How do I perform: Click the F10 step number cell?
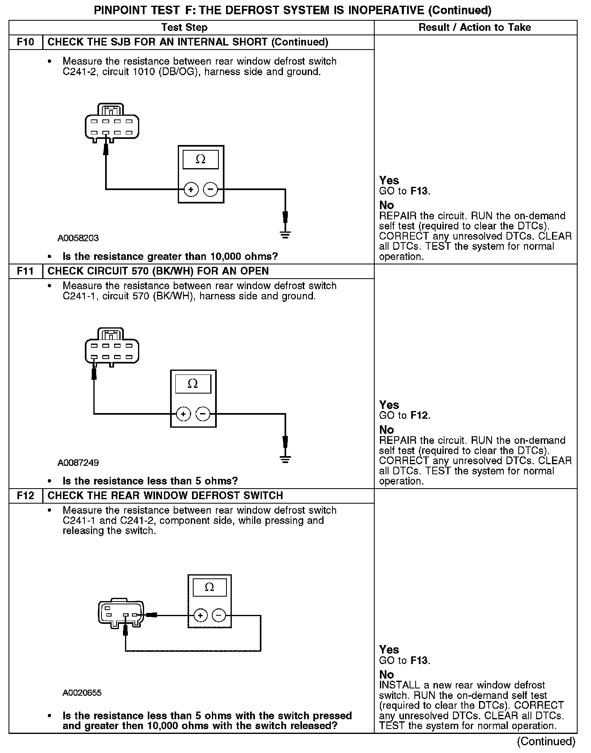tap(26, 42)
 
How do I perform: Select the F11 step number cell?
tap(26, 271)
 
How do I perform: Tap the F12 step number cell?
tap(26, 496)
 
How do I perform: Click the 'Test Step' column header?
tap(184, 28)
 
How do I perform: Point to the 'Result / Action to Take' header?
tap(475, 28)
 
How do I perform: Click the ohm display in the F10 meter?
tap(201, 160)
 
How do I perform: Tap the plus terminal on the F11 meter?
tap(183, 414)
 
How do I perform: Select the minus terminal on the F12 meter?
tap(219, 616)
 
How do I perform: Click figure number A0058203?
tap(78, 238)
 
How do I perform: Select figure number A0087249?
tap(78, 463)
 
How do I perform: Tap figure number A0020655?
tap(82, 693)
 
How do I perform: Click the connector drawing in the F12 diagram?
tap(121, 611)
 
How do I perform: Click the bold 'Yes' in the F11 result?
tap(389, 405)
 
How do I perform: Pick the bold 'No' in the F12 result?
tap(386, 675)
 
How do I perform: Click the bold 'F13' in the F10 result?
tap(419, 191)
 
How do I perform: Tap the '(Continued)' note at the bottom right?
tap(546, 742)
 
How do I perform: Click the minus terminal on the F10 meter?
tap(210, 189)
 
